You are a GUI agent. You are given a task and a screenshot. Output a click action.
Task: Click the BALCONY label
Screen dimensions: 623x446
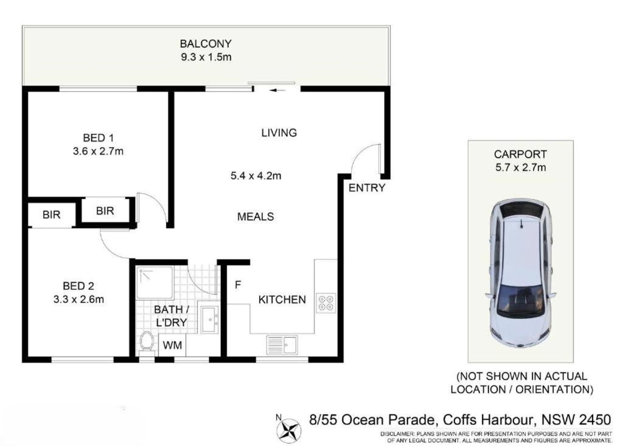tap(206, 43)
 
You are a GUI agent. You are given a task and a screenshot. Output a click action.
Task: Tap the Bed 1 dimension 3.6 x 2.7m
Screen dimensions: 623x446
tap(98, 152)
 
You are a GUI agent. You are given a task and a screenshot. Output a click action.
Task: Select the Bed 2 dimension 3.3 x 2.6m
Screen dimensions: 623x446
tap(78, 299)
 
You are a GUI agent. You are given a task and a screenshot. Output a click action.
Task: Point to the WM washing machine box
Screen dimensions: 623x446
tap(172, 345)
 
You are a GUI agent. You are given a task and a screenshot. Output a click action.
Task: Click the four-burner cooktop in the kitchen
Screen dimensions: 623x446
tap(326, 302)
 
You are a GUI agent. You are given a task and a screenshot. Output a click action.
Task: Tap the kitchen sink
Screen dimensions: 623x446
tap(282, 345)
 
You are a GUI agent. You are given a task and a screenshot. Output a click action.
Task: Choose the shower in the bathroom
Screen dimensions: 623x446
tap(155, 283)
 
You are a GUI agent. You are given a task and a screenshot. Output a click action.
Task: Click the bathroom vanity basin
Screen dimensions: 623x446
tap(208, 319)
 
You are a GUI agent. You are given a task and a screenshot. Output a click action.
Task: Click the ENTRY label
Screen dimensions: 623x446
tap(367, 187)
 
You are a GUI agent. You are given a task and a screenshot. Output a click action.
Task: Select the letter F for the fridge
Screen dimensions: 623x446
tap(238, 285)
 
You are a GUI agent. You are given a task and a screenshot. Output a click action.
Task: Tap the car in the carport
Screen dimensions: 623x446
tap(520, 274)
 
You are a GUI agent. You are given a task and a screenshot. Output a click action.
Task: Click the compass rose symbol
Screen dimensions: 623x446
tap(289, 430)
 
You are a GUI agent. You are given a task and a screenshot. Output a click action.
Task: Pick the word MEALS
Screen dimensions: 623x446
tap(256, 217)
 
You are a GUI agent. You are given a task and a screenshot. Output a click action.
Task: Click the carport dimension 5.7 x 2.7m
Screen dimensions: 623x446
tap(521, 167)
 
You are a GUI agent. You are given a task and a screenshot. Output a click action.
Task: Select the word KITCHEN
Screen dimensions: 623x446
tap(282, 299)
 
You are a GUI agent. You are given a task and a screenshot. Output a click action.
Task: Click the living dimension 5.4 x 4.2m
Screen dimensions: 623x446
tap(256, 175)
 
